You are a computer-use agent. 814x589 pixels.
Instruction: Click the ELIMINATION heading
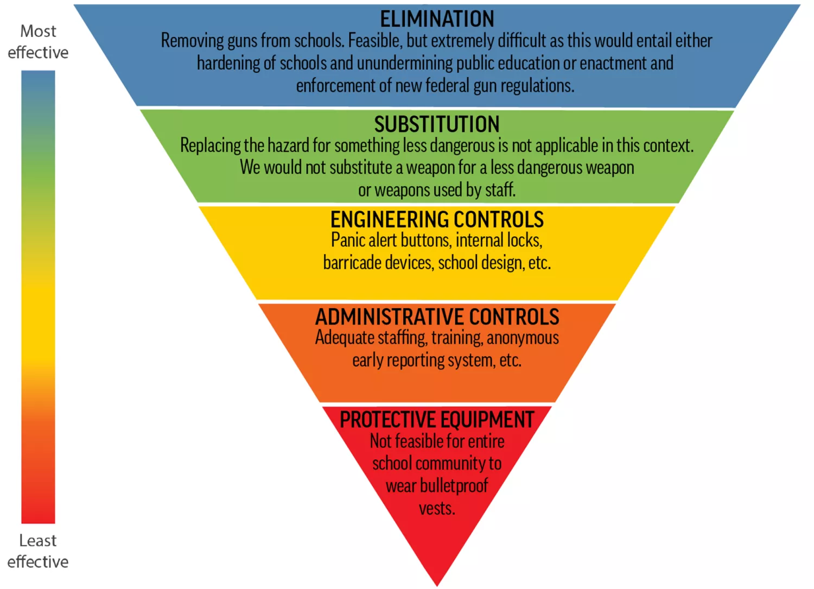pos(437,20)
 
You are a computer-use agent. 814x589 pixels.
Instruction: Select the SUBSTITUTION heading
pos(437,124)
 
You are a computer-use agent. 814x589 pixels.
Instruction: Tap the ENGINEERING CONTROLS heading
pos(437,220)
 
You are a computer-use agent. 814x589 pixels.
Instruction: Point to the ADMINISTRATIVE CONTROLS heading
pos(437,317)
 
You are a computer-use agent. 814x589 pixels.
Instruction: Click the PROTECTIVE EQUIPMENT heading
pos(437,420)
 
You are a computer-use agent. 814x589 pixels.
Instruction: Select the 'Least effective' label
pos(38,551)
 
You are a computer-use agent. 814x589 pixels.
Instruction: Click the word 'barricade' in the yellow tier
pos(351,263)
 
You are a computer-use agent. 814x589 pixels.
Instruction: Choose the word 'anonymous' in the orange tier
pos(523,338)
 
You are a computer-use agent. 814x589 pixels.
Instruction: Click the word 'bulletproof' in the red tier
pos(454,486)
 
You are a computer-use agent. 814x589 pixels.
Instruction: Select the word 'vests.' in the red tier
pos(437,509)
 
